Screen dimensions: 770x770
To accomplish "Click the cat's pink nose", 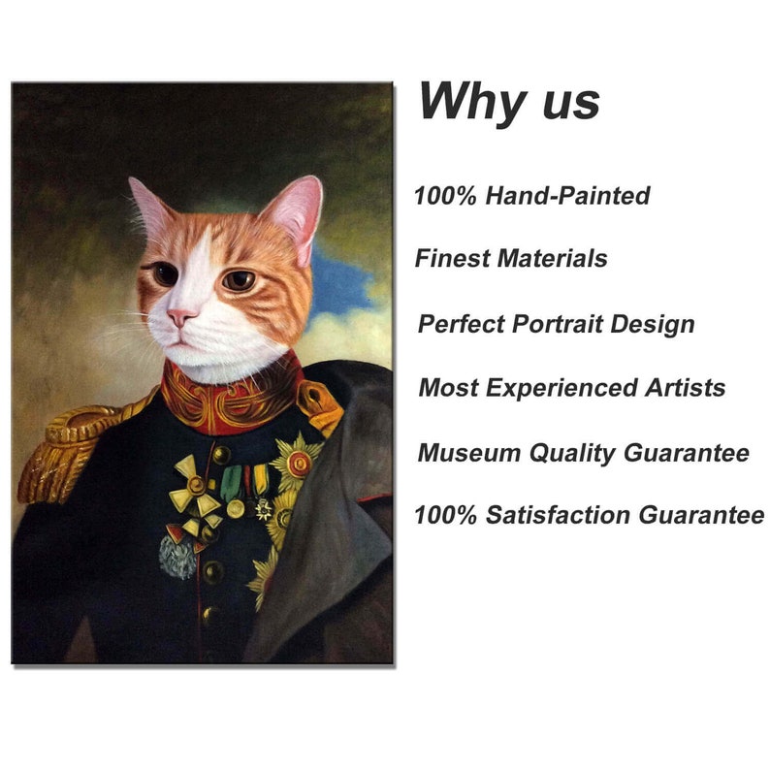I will coord(181,318).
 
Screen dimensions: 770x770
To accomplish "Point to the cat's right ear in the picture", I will coord(296,213).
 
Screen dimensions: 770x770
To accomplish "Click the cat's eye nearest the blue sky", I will coord(240,281).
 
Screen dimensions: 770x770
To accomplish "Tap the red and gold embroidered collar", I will coord(229,393).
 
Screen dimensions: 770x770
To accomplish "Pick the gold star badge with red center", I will coord(296,462).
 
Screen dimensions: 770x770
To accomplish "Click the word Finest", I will coord(451,259).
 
